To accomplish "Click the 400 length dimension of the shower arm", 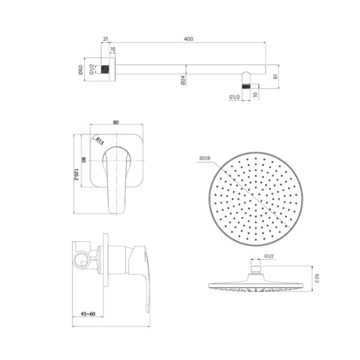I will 188,39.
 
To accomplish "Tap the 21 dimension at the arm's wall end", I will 106,39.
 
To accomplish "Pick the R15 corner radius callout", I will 100,142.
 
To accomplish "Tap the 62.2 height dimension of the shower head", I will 319,278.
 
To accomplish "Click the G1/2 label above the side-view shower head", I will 269,257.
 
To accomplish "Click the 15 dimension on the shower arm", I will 113,50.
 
